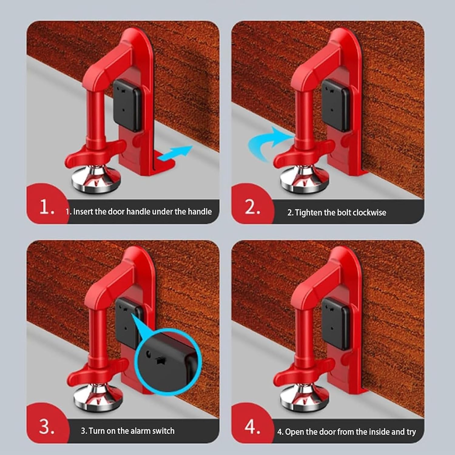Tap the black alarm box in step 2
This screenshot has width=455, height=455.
(335, 105)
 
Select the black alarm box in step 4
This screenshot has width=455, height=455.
(335, 323)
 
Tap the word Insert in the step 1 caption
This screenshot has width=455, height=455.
(83, 211)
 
